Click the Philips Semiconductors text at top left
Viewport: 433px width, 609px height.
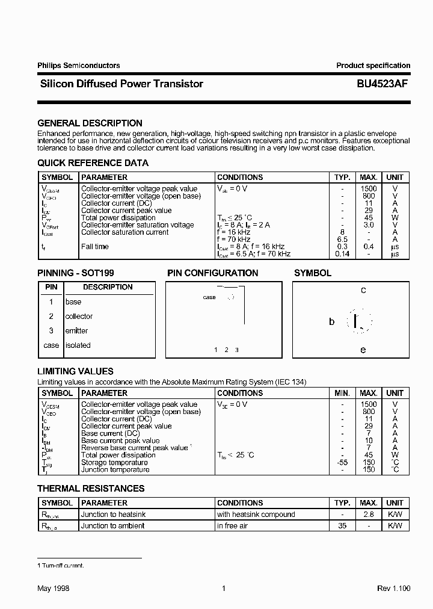(x=78, y=66)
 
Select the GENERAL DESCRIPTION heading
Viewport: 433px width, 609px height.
(x=90, y=123)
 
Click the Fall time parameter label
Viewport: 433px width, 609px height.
(x=95, y=247)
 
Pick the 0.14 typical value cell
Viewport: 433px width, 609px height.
(x=342, y=254)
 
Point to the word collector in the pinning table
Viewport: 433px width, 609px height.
(x=79, y=317)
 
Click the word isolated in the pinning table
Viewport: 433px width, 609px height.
(x=78, y=345)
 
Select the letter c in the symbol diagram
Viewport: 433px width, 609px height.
(x=363, y=290)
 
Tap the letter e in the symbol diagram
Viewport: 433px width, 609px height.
(x=363, y=350)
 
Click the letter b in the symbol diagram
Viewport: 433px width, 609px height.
(x=331, y=322)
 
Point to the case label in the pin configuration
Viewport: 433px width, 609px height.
(x=209, y=297)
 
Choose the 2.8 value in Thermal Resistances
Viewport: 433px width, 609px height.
(x=369, y=515)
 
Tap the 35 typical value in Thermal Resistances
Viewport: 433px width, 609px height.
(x=342, y=526)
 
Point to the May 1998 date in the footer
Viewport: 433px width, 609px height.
(x=54, y=589)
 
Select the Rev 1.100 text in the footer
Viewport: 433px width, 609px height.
(x=393, y=589)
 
